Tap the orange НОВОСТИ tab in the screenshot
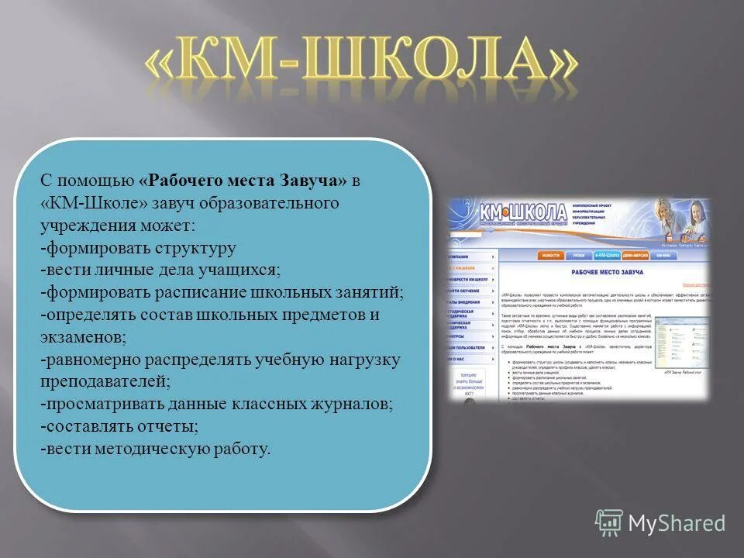point(551,255)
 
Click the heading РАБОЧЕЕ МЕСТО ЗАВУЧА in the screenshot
point(600,273)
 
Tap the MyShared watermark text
point(677,523)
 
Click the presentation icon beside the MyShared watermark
point(608,523)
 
